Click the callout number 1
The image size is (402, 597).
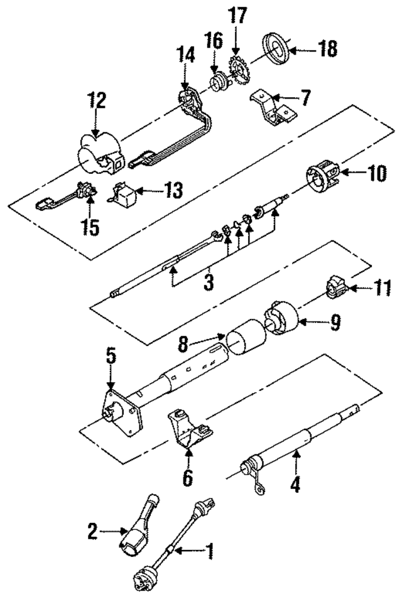click(210, 552)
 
